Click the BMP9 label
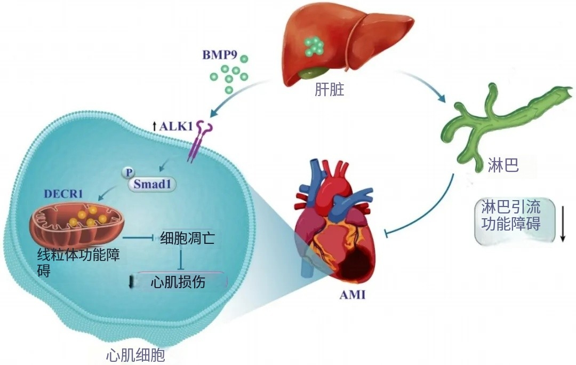[x=220, y=55]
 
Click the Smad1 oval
[x=151, y=184]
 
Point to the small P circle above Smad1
[x=128, y=172]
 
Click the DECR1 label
[x=63, y=194]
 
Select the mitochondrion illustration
[x=77, y=224]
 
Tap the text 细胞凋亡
[x=187, y=239]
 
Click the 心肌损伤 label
[x=178, y=282]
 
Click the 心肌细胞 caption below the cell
[x=135, y=355]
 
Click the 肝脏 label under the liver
[x=330, y=89]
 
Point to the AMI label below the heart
[x=353, y=295]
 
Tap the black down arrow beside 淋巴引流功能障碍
[x=563, y=224]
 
